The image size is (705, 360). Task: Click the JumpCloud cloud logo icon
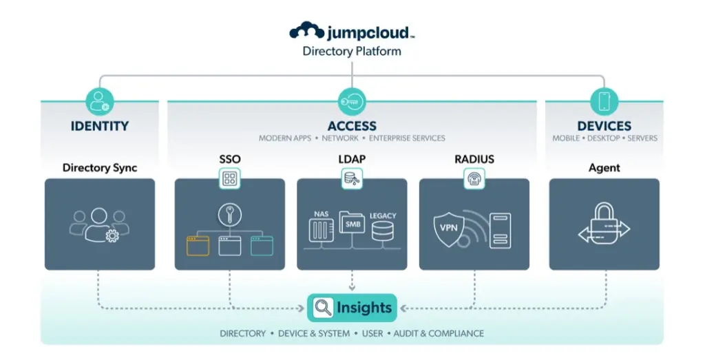[306, 32]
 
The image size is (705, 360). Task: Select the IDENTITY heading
[100, 126]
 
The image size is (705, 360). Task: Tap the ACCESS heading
[352, 126]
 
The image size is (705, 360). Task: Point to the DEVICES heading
[604, 126]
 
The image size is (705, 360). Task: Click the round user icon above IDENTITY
[100, 101]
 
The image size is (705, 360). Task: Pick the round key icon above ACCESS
[352, 102]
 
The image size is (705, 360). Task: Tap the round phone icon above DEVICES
[604, 101]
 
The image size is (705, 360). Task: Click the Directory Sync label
[100, 167]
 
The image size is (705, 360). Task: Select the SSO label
[229, 160]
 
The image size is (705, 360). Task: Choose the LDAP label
[352, 160]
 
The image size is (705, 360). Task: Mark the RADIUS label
[474, 160]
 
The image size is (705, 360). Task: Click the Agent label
[604, 167]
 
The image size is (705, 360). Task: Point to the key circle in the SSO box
[229, 214]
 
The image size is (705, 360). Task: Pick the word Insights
[364, 308]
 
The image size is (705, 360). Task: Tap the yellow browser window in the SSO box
[198, 245]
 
